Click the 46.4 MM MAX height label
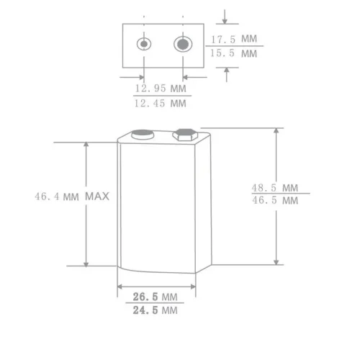click(71, 196)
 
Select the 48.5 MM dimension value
click(274, 187)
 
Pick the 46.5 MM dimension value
click(274, 202)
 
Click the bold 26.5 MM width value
click(155, 297)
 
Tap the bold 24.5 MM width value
click(155, 311)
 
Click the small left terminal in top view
click(145, 44)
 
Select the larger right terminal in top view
click(184, 44)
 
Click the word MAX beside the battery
click(96, 196)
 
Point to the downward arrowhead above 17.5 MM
click(228, 20)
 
